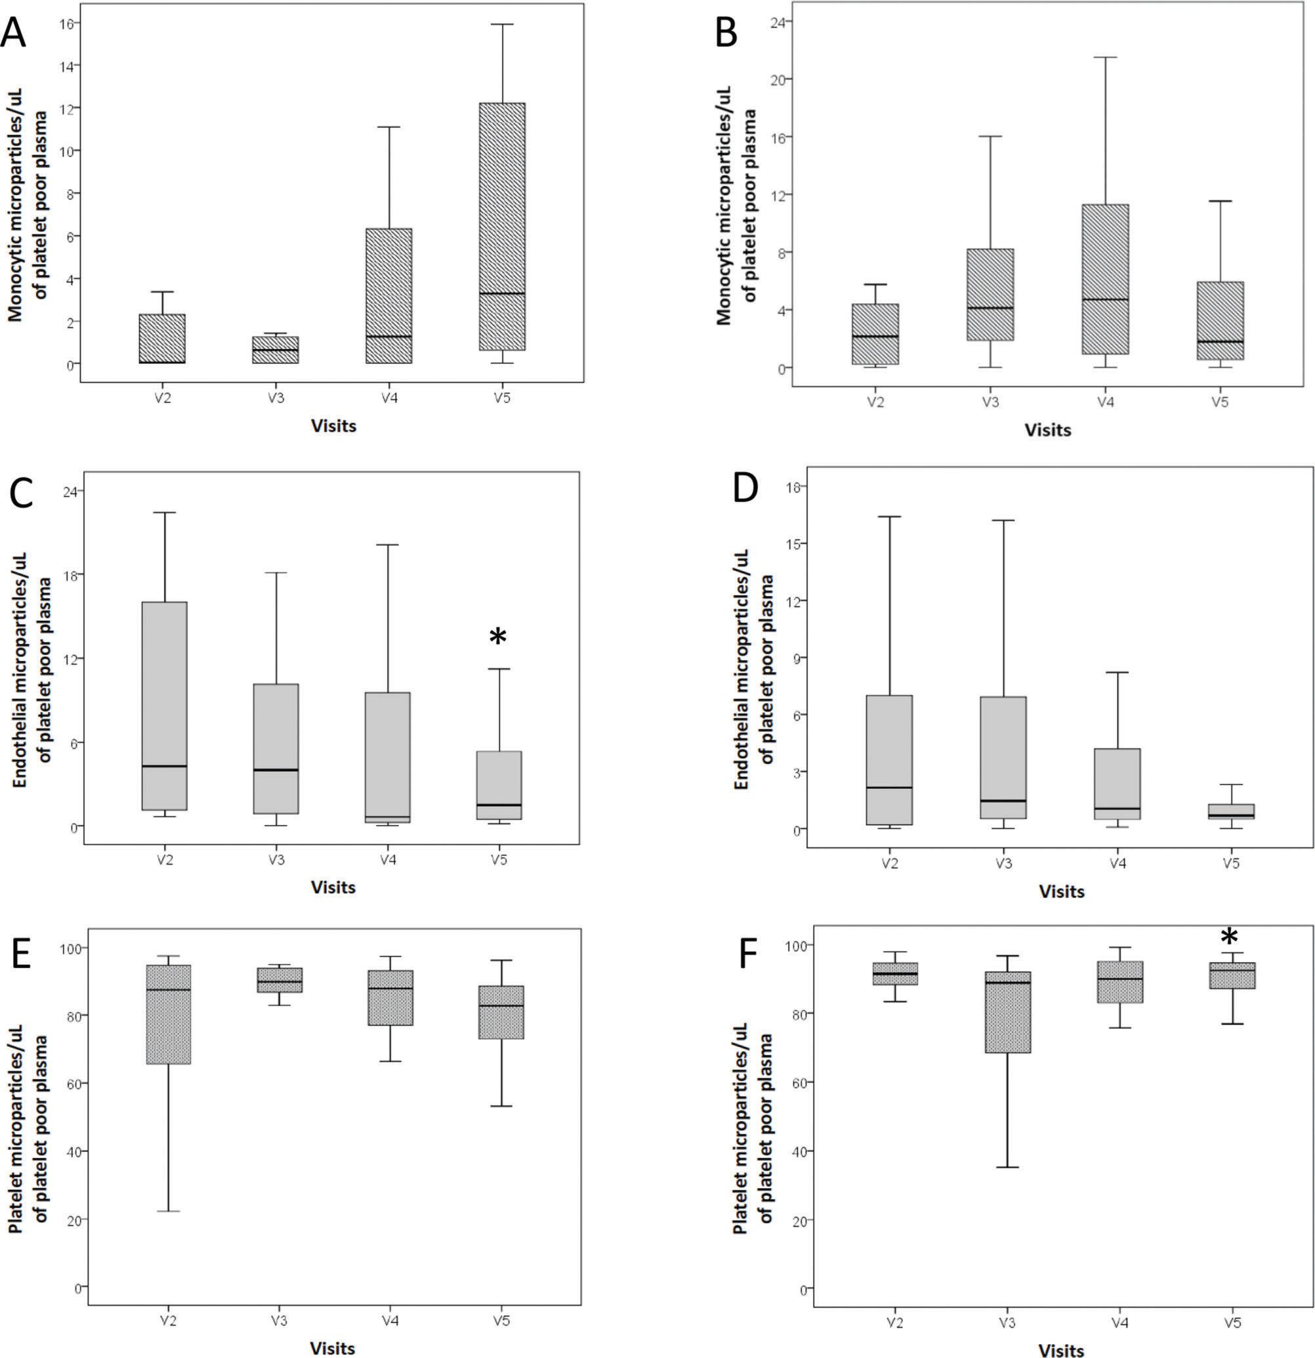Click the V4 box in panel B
[1106, 279]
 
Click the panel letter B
[725, 33]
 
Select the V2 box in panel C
[164, 706]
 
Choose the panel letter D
[745, 488]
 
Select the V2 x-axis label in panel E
[169, 1320]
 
